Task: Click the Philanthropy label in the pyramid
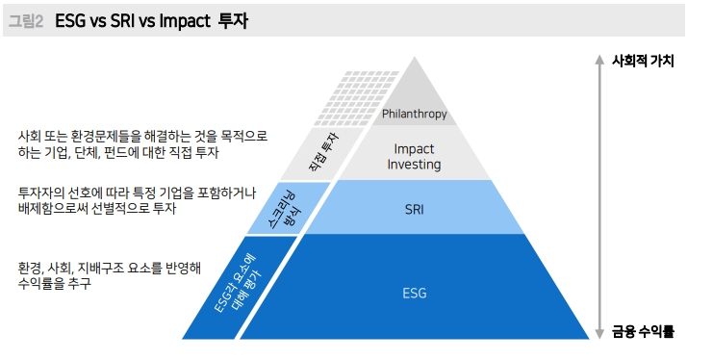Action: (x=414, y=114)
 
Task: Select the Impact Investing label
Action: (x=414, y=157)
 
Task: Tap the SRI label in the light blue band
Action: (x=415, y=207)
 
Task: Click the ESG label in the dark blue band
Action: (x=414, y=293)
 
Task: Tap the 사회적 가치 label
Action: (x=642, y=60)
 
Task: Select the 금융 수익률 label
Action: (x=642, y=332)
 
